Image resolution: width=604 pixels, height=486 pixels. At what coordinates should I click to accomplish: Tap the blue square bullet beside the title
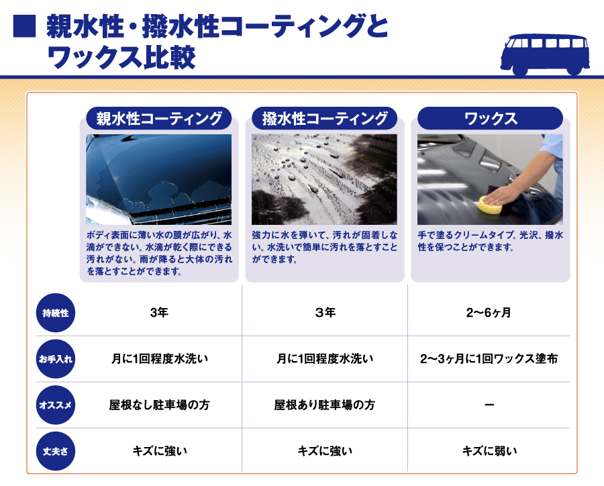tap(24, 26)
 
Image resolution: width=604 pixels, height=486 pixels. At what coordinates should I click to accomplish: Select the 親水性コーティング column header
tap(159, 118)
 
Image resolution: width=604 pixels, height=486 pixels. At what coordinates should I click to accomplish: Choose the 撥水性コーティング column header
tap(325, 118)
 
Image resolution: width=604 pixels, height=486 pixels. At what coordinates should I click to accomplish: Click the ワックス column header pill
tap(490, 118)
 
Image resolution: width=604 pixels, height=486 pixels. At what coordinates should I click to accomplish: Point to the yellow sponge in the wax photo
tap(490, 204)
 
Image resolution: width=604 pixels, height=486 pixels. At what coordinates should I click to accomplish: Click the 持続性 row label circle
tap(56, 313)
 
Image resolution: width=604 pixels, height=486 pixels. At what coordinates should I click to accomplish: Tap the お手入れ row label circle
tap(56, 359)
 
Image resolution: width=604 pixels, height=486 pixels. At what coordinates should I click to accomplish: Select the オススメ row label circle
tap(56, 405)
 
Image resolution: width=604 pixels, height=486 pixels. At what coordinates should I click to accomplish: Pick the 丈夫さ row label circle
tap(56, 451)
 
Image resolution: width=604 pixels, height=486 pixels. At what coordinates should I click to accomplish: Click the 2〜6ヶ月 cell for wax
tap(489, 313)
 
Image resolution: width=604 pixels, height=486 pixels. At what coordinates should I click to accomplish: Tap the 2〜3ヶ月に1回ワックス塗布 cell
tap(489, 359)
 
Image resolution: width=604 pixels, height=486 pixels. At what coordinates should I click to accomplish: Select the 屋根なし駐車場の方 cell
tap(159, 405)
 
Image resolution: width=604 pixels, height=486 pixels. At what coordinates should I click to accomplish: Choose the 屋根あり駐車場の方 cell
tap(324, 405)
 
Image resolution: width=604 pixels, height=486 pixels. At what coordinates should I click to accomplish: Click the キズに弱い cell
tap(490, 451)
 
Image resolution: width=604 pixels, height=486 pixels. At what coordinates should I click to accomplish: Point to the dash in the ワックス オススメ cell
tap(489, 405)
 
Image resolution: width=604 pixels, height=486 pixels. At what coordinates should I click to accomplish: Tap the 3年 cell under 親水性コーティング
tap(159, 313)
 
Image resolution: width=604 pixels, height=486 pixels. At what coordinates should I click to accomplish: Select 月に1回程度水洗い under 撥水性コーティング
tap(325, 359)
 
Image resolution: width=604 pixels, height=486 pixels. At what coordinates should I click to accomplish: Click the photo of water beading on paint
tap(324, 179)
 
